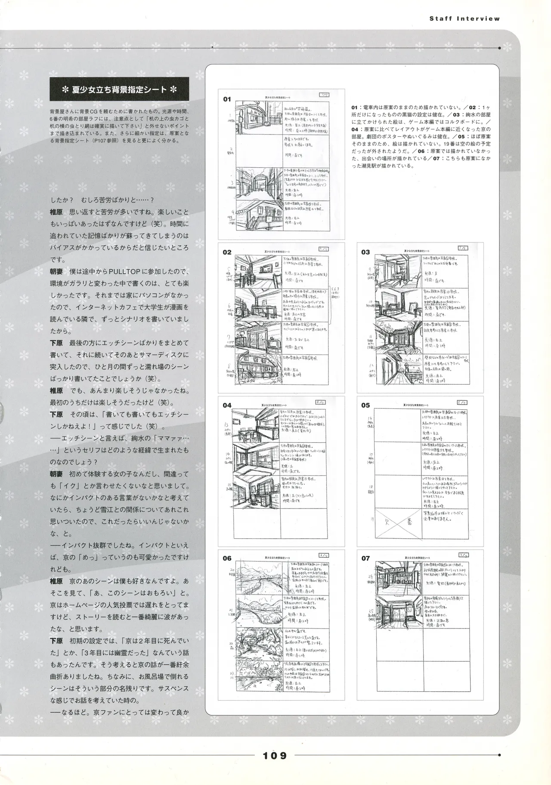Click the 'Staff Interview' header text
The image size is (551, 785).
point(464,18)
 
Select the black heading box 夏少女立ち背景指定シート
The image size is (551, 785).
point(119,90)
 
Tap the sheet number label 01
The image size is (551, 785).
point(227,99)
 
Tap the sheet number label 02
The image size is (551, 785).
point(227,252)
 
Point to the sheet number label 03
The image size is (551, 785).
point(365,252)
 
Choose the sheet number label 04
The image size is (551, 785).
point(227,405)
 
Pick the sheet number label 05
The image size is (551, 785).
point(365,405)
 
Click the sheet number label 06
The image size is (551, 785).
point(227,558)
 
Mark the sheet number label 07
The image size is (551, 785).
point(365,558)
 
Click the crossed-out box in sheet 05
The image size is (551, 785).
point(398,523)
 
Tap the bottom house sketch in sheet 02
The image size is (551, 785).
point(258,371)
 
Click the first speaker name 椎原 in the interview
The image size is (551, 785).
point(56,212)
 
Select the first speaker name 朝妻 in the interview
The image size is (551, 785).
point(56,272)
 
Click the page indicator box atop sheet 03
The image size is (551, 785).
point(463,248)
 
